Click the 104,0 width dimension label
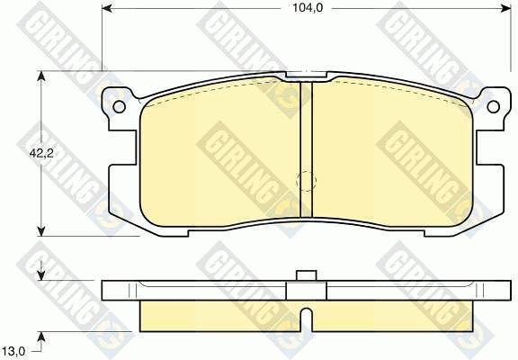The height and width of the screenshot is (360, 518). [308, 9]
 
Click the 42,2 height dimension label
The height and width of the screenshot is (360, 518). [41, 153]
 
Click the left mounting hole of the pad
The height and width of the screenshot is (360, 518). [119, 106]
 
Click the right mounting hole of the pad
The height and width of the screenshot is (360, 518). [493, 106]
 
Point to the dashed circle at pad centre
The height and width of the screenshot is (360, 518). [307, 181]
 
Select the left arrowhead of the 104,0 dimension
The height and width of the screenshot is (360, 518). [107, 9]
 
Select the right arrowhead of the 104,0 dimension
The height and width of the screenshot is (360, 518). [505, 9]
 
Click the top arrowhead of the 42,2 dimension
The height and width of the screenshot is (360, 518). [41, 76]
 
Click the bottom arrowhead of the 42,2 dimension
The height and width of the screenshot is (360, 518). [41, 230]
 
